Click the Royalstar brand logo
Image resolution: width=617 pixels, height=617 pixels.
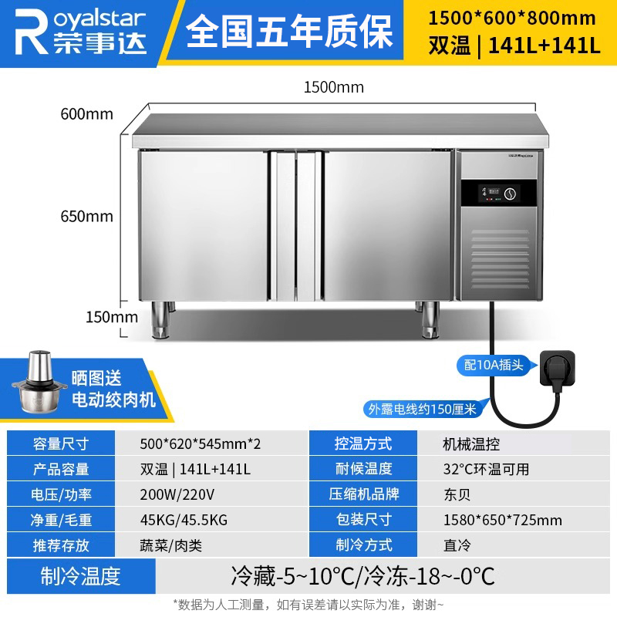[81, 32]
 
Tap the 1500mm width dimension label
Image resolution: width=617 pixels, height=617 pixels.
[334, 87]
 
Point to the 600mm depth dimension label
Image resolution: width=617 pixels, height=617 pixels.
[86, 114]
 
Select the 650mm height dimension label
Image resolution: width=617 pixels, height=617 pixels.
[86, 217]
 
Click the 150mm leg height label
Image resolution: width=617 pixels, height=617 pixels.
[112, 317]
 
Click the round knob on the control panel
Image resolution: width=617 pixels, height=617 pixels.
[511, 194]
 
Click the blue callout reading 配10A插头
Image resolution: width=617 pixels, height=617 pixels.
[494, 365]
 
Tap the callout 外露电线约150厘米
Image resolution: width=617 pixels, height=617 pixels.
[423, 410]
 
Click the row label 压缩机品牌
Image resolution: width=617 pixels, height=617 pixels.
[363, 494]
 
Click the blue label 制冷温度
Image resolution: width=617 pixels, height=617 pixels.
[81, 576]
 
